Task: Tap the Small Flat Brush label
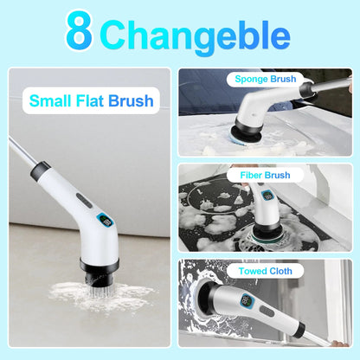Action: pos(91,100)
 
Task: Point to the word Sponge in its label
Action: pos(246,79)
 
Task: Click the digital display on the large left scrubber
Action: pos(105,222)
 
